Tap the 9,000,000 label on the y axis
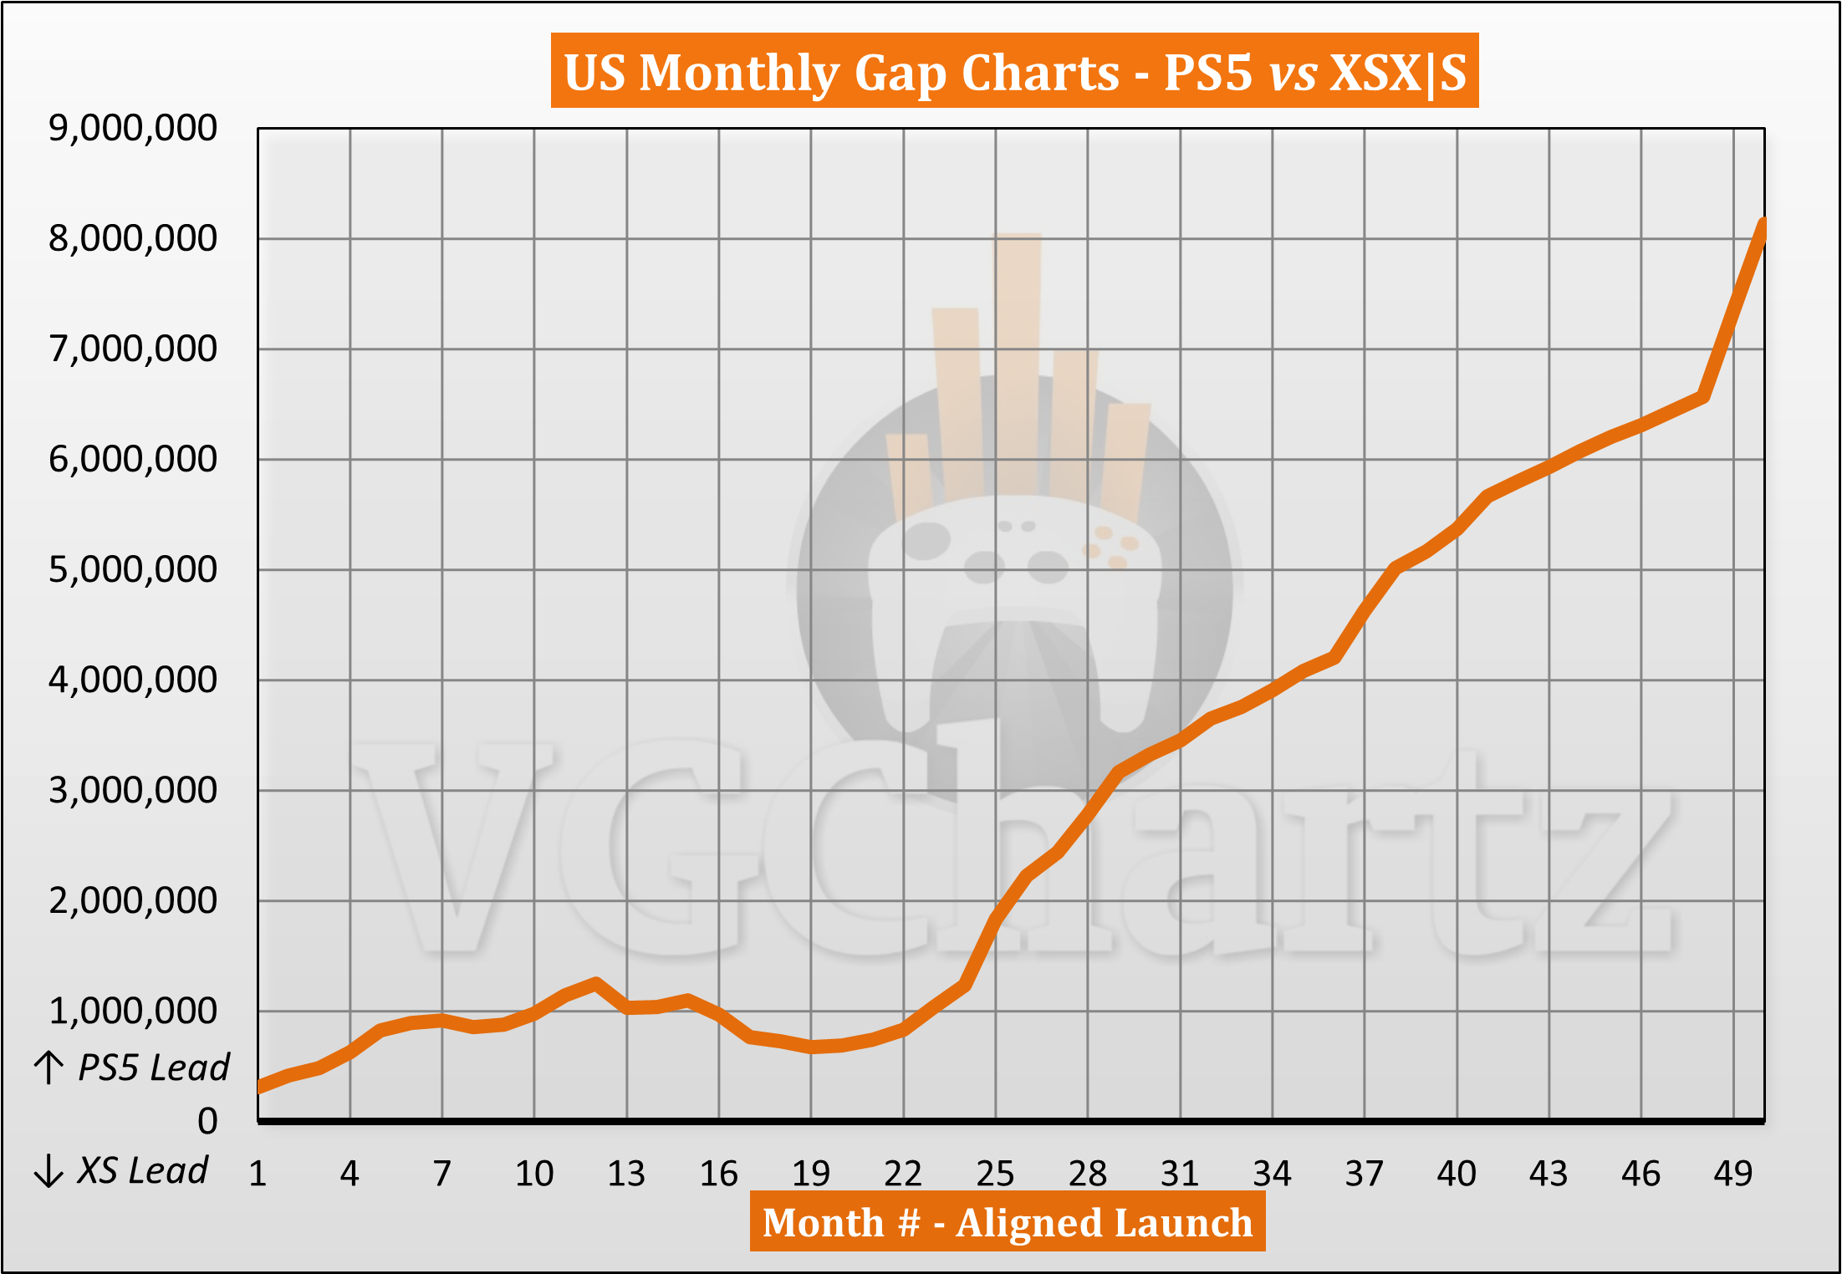pos(133,128)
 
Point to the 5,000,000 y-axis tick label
pos(133,569)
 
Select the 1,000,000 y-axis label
pos(133,1011)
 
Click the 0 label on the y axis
pos(207,1121)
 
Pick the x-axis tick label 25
pos(995,1174)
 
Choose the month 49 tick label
pos(1732,1174)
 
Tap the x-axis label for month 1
pos(258,1174)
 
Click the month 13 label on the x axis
pos(626,1174)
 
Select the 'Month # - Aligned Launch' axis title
pos(1008,1223)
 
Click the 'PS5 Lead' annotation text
pos(154,1068)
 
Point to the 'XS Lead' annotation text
pos(142,1170)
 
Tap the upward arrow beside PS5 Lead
pos(49,1068)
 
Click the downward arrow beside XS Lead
pos(48,1170)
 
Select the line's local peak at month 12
pos(596,983)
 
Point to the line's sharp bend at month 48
pos(1702,396)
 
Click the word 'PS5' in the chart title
pos(1208,72)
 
